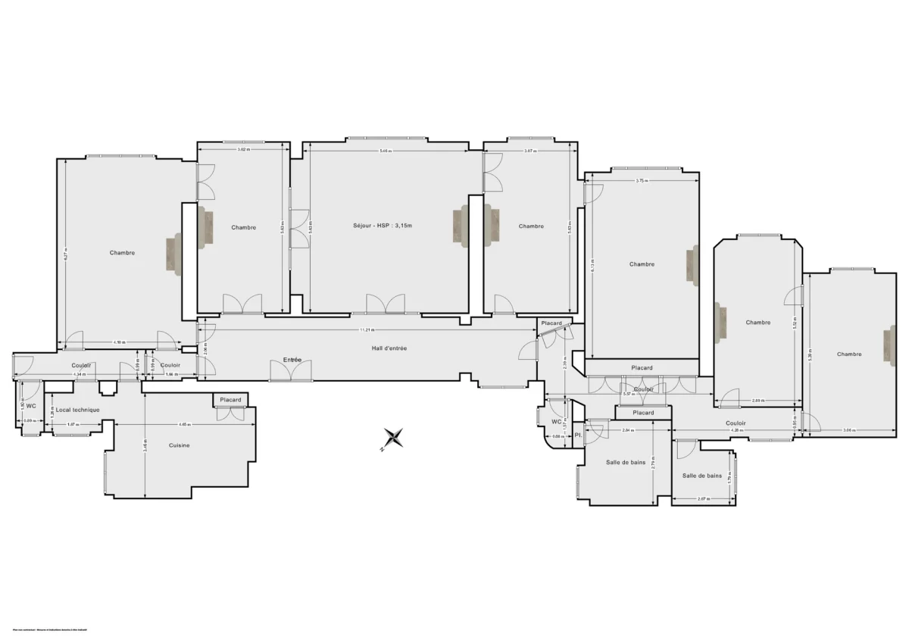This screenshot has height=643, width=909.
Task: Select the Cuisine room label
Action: click(179, 445)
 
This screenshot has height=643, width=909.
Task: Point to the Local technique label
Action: click(77, 410)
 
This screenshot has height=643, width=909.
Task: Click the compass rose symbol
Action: click(393, 439)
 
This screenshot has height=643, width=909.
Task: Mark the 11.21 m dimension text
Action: click(367, 329)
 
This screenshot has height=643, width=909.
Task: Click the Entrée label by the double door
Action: click(292, 360)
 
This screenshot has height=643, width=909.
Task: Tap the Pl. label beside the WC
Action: click(577, 435)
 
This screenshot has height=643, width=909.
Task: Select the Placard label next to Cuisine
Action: click(230, 400)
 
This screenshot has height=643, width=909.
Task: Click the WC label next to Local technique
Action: click(32, 406)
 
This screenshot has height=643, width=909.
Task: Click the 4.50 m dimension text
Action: click(119, 342)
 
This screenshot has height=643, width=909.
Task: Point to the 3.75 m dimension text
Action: click(641, 180)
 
